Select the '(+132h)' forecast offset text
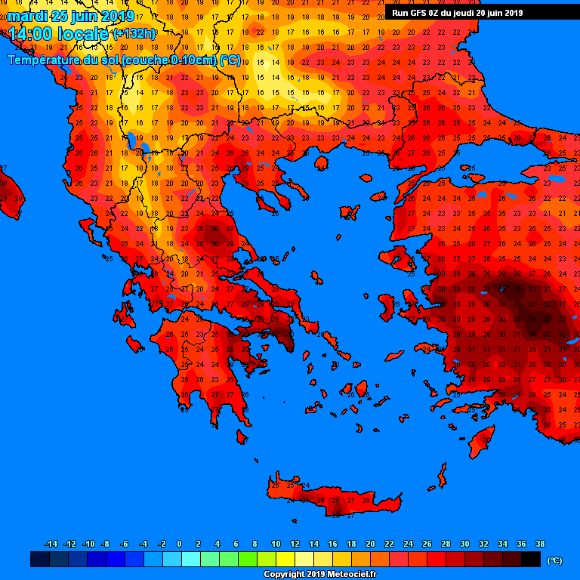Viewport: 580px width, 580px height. [x=134, y=34]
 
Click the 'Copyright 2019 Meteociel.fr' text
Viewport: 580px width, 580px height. [x=319, y=574]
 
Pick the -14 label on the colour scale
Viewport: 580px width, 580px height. [x=51, y=544]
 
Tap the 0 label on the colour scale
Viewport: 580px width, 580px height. [x=179, y=544]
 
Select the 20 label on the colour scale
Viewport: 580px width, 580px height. [x=370, y=544]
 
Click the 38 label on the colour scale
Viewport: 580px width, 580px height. [x=540, y=544]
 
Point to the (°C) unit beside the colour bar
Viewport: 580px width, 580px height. [x=554, y=560]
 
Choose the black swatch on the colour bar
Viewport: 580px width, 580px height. [x=530, y=560]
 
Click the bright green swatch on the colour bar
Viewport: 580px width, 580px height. [x=247, y=560]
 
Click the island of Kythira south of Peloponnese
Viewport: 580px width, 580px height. [x=242, y=437]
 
